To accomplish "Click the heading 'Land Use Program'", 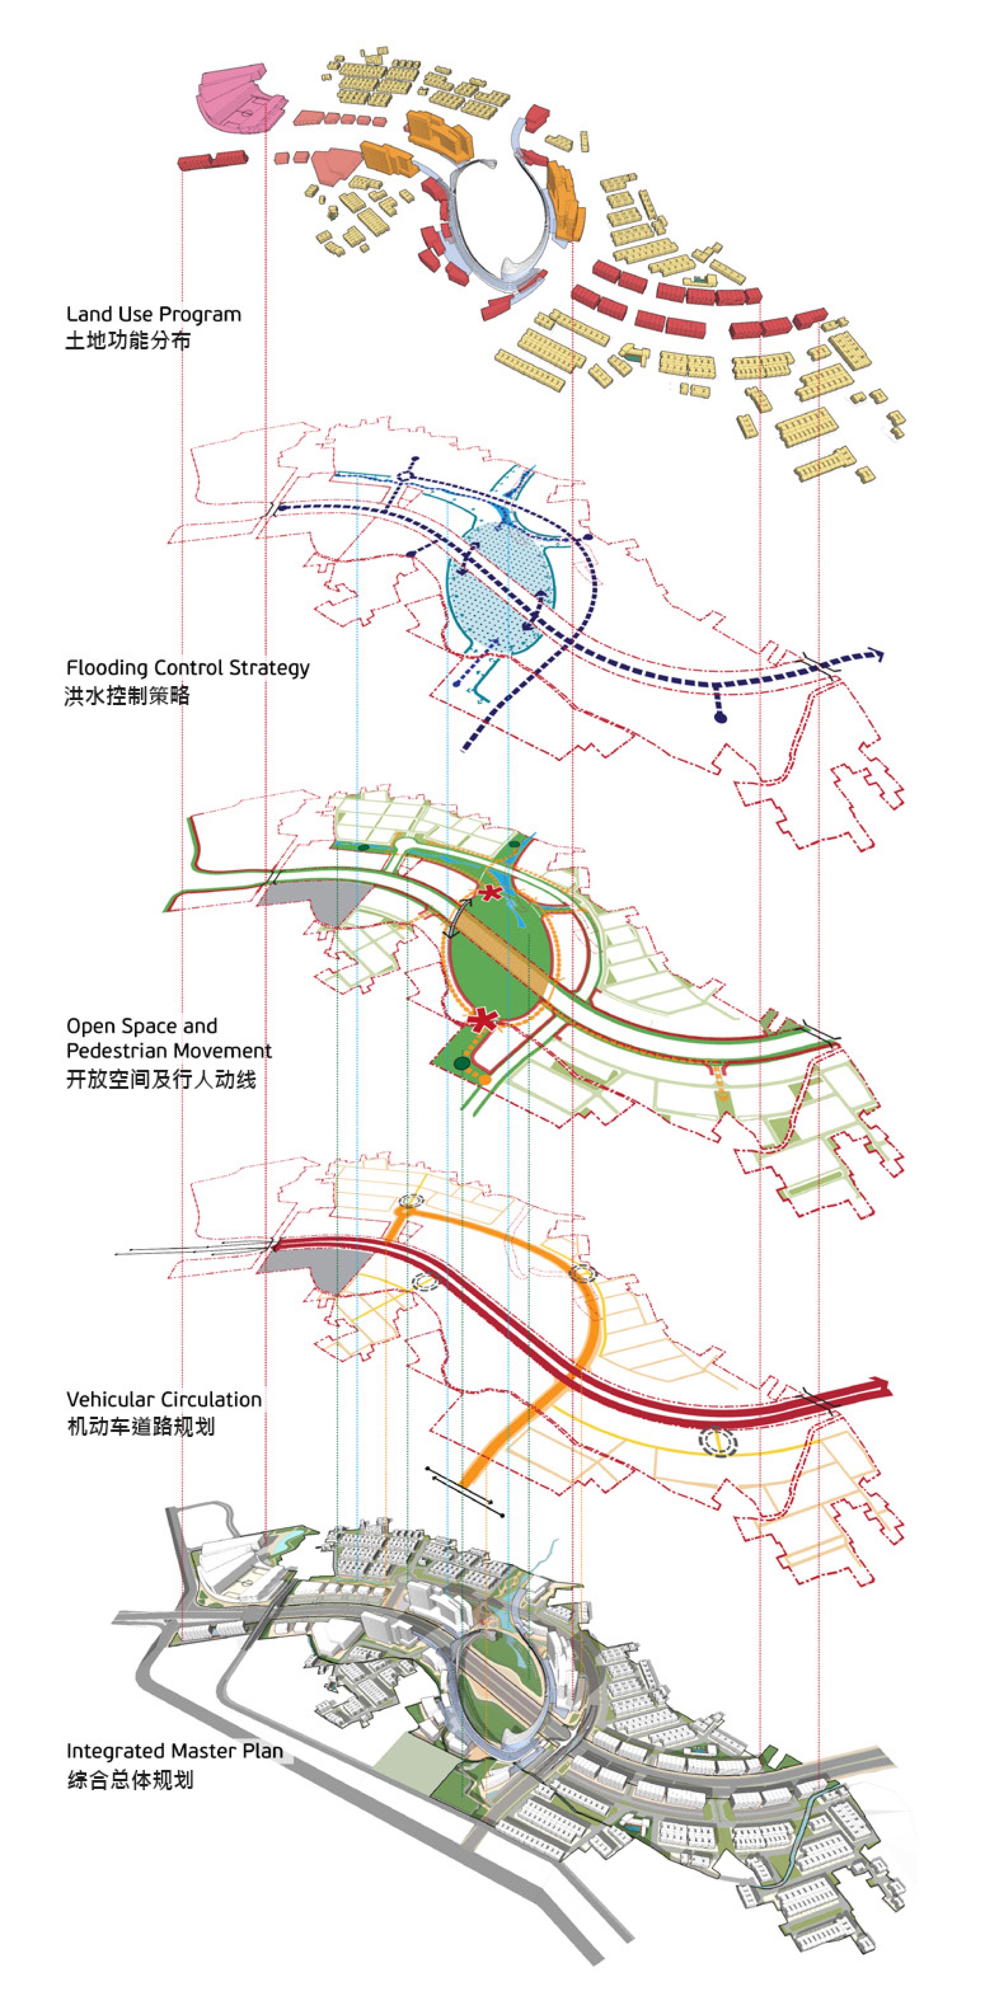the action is tap(154, 315).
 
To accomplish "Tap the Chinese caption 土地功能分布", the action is tap(128, 341).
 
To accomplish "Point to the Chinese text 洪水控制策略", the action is tap(127, 695).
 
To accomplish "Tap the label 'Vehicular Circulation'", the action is tap(164, 1399).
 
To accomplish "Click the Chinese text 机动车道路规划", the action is tap(140, 1426).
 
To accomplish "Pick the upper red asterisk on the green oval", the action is tap(490, 893).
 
